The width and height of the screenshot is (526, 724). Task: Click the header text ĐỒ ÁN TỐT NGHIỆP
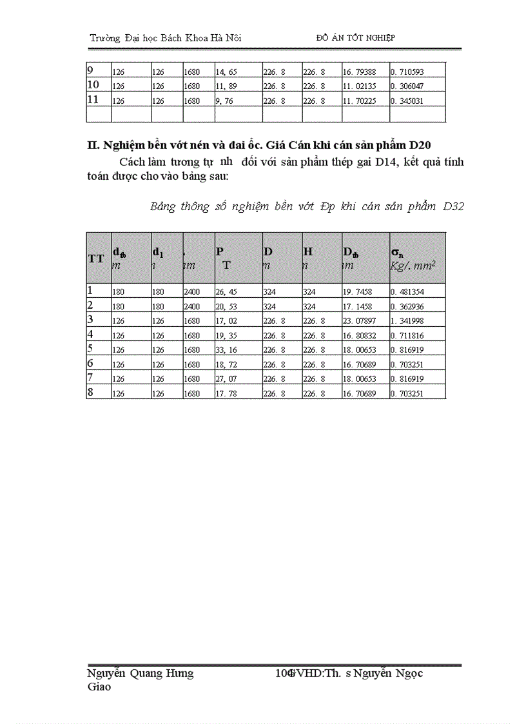tap(356, 38)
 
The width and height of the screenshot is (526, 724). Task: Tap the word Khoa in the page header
tap(187, 39)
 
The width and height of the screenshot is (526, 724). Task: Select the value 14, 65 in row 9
tap(226, 72)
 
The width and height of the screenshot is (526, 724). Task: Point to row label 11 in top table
tap(93, 99)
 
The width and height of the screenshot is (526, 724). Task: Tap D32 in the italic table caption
tap(453, 206)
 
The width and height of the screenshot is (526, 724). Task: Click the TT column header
tap(96, 259)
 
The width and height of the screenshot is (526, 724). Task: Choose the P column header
tap(220, 252)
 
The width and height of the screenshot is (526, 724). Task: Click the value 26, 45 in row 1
tap(226, 292)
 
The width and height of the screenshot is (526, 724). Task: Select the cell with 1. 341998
tap(407, 320)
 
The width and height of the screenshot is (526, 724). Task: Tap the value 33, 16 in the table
tap(226, 350)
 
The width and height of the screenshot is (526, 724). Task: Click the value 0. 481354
tap(407, 292)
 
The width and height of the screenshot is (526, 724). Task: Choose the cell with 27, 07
tap(226, 378)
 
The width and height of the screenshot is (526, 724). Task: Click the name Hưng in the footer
tap(179, 674)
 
